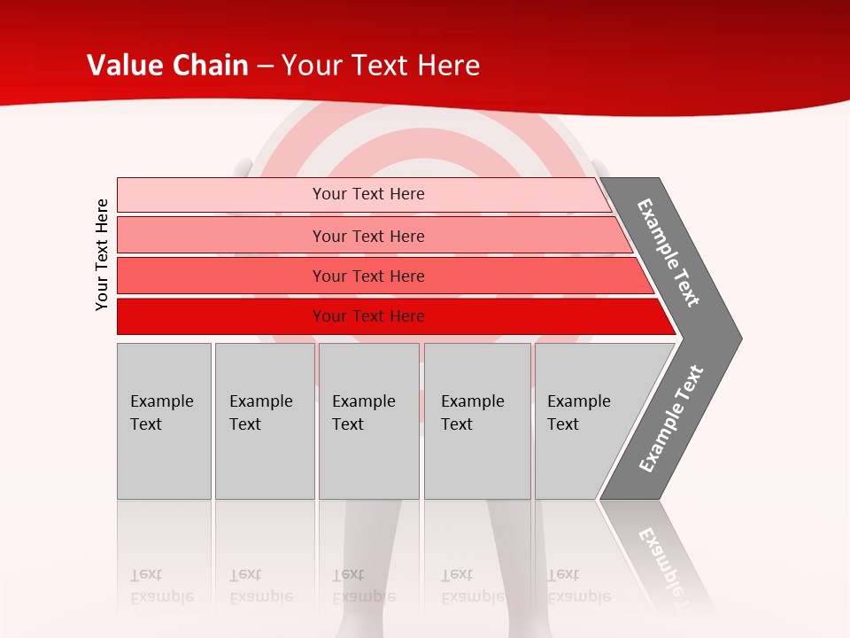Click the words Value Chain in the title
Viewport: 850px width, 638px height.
click(167, 66)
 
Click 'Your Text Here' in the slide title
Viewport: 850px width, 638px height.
click(381, 66)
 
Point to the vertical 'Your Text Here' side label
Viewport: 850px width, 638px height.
click(103, 255)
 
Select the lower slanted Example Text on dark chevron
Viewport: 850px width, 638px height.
click(670, 419)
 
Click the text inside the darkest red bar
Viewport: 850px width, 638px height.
click(368, 316)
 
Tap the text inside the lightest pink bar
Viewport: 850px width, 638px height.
click(368, 194)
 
